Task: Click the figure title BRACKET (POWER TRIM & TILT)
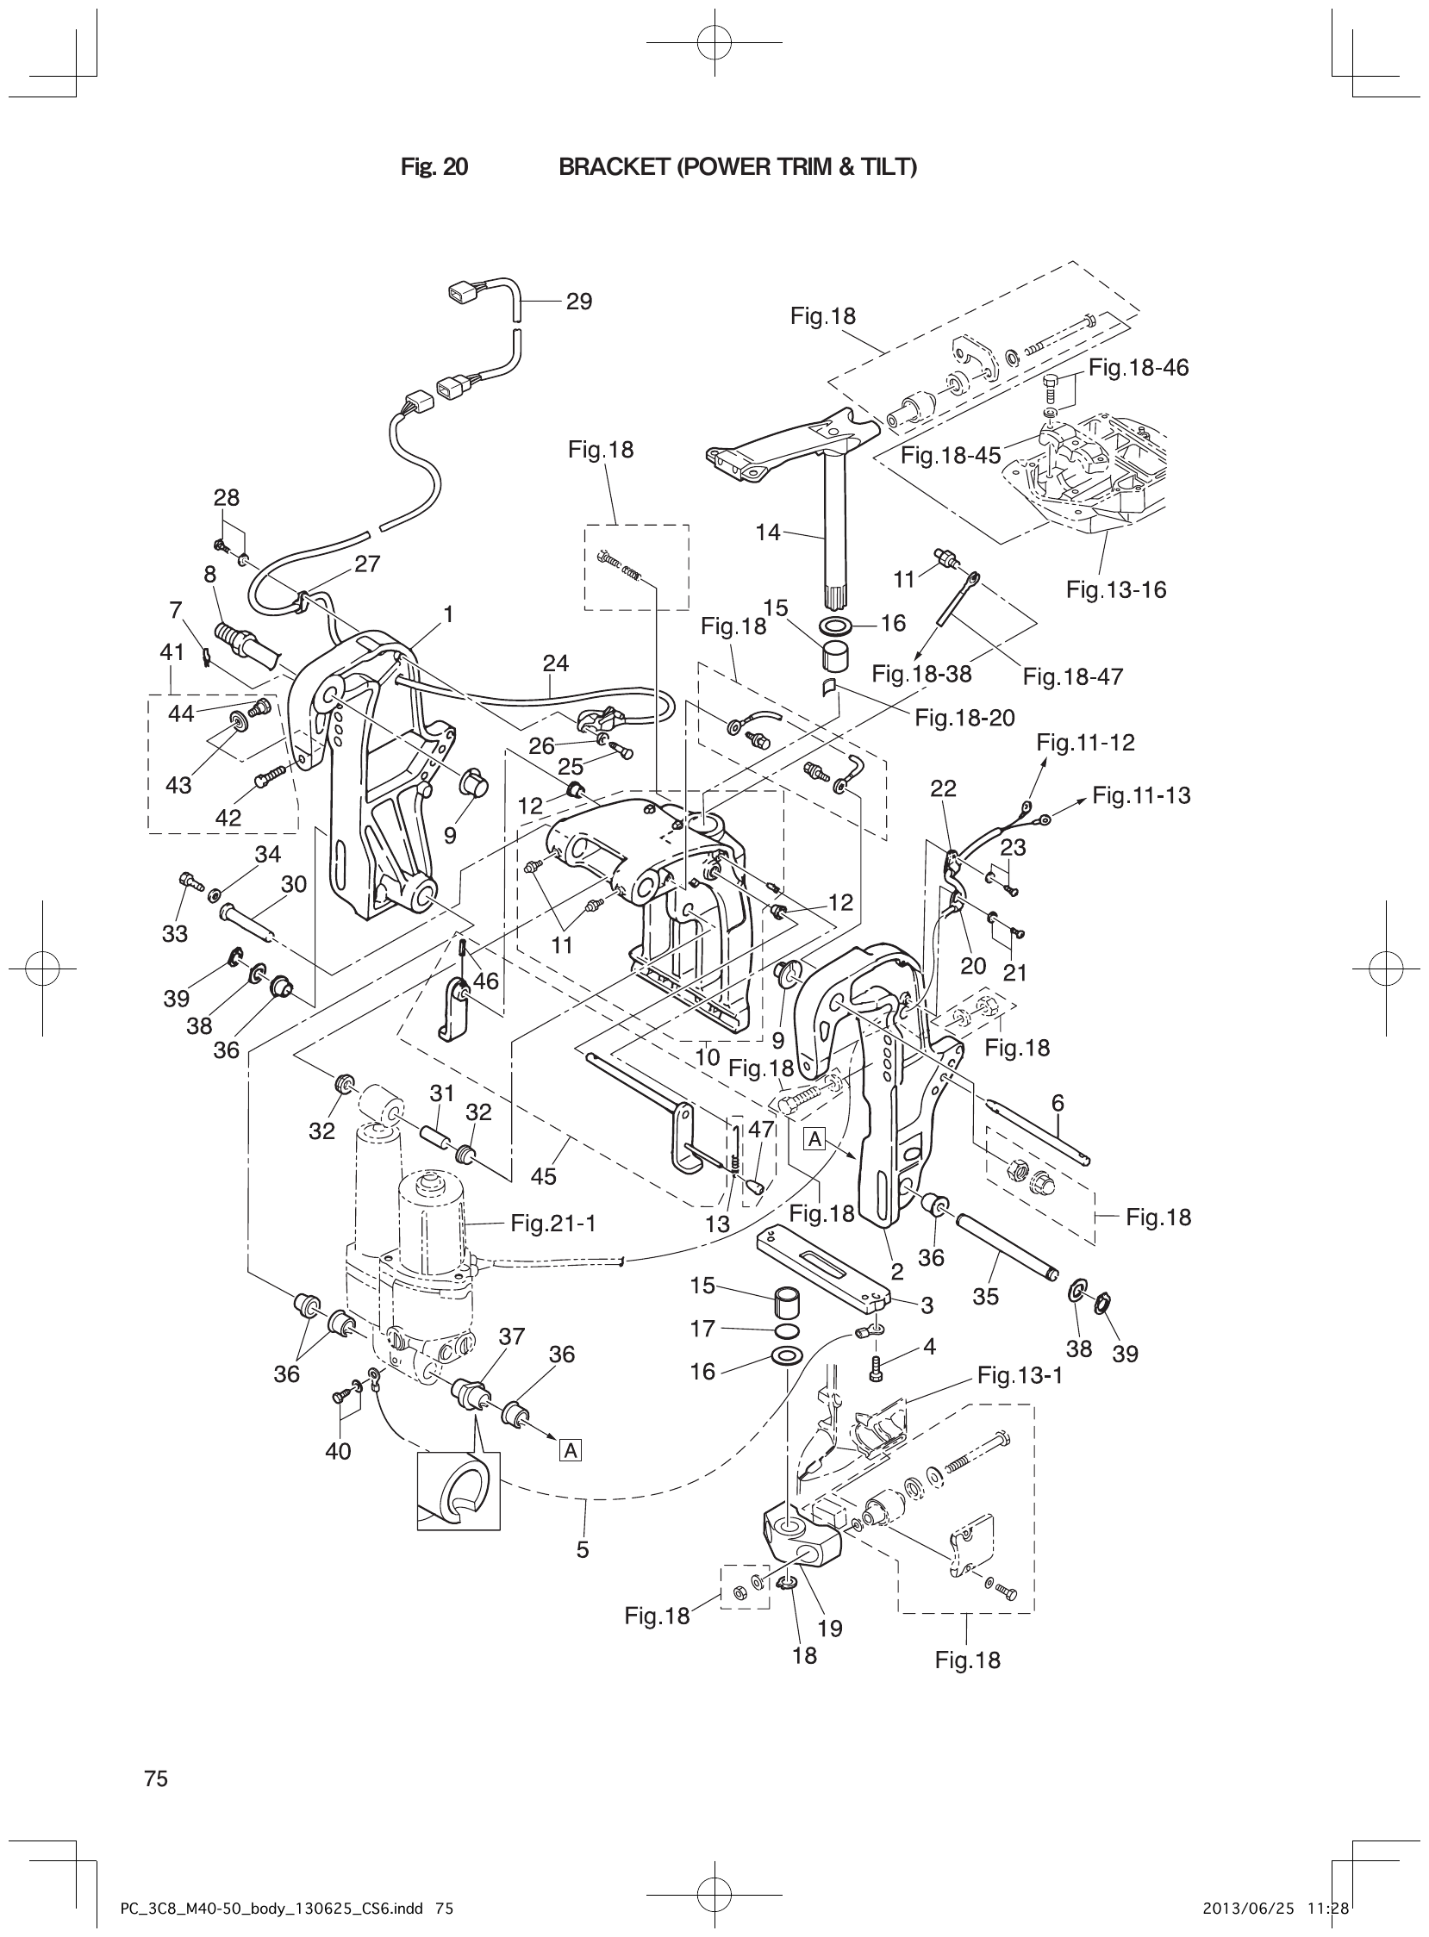tap(737, 167)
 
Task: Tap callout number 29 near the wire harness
tap(578, 302)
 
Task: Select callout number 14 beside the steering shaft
tap(767, 533)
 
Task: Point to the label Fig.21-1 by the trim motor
tap(552, 1223)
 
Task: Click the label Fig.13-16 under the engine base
tap(1115, 589)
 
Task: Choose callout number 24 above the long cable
tap(555, 663)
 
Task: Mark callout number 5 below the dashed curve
tap(582, 1549)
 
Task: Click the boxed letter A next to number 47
tap(814, 1140)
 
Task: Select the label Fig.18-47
tap(1073, 676)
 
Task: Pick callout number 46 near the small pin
tap(486, 981)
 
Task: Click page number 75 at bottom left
tap(157, 1778)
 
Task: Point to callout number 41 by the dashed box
tap(172, 652)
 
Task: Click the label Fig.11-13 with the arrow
tap(1141, 794)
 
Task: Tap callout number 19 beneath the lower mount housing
tap(828, 1629)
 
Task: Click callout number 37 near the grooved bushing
tap(511, 1336)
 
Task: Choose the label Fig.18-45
tap(950, 455)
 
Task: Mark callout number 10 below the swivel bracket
tap(707, 1056)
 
